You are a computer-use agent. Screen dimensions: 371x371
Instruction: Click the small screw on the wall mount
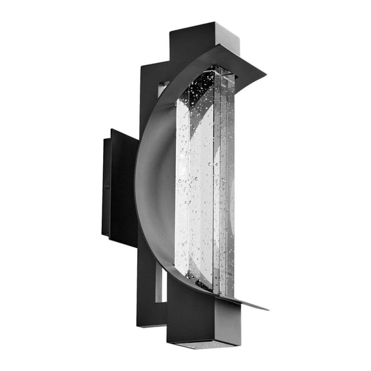(x=107, y=186)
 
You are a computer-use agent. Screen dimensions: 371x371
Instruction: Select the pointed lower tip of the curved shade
(x=264, y=309)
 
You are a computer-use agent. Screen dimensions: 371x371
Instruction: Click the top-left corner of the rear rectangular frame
(x=141, y=64)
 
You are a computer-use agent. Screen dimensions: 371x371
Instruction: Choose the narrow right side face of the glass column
(x=227, y=187)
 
